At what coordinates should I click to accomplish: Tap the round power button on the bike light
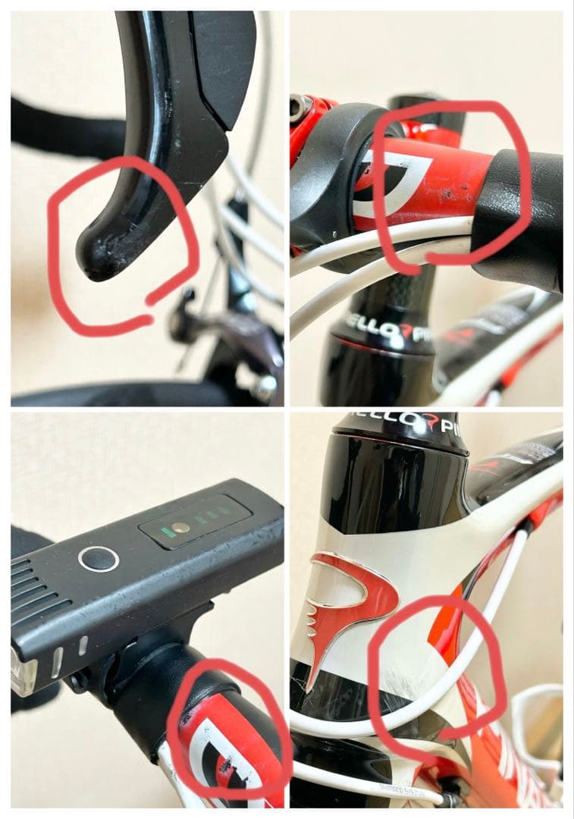[x=99, y=559]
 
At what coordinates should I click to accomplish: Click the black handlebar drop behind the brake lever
[x=61, y=129]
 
